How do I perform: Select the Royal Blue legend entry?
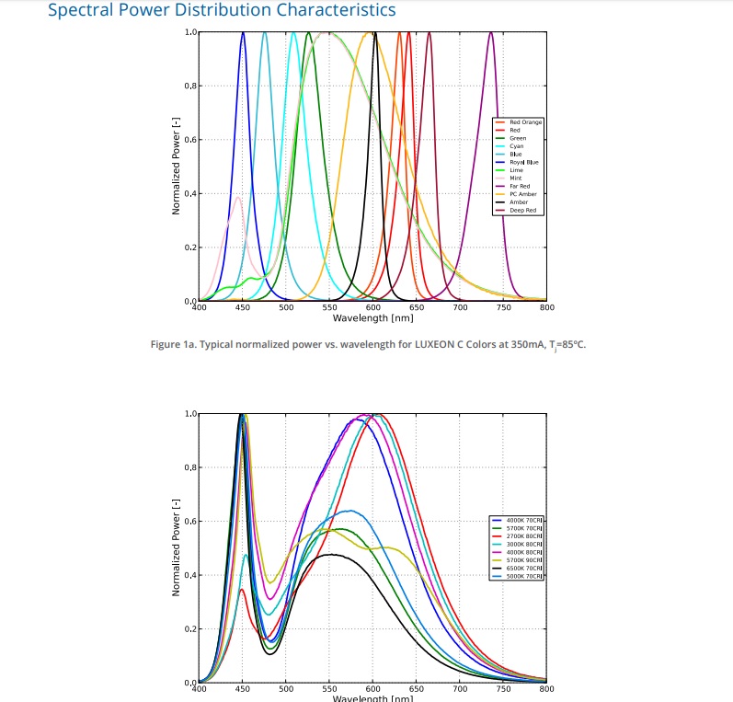[522, 162]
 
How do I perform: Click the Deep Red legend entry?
[522, 210]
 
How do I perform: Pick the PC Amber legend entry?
[521, 194]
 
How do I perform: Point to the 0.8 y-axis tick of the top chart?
[190, 86]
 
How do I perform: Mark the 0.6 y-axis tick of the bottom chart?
[190, 522]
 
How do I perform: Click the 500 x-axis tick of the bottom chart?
[285, 688]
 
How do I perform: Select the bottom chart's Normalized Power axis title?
[175, 547]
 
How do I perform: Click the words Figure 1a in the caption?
[175, 345]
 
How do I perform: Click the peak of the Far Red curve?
[491, 33]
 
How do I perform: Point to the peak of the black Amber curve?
[374, 33]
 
